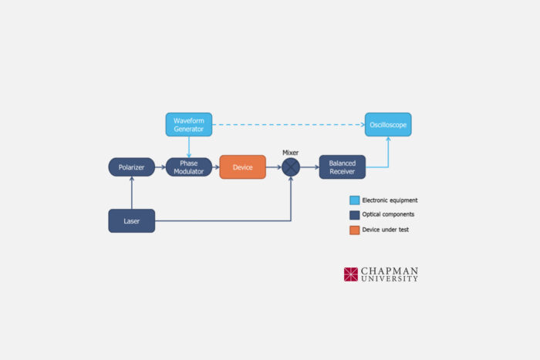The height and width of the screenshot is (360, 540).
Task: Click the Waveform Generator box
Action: (x=188, y=124)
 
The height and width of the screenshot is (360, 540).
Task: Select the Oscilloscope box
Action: (x=387, y=124)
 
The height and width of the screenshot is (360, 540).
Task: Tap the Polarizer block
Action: (x=131, y=167)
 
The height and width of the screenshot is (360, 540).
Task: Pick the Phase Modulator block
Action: (x=188, y=167)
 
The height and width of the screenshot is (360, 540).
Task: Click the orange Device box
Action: (x=242, y=167)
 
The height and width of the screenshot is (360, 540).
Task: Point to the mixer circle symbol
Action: (x=291, y=167)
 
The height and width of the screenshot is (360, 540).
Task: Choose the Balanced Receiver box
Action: (x=342, y=167)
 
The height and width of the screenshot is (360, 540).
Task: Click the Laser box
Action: (x=131, y=221)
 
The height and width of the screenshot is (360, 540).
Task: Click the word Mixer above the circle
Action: (x=291, y=153)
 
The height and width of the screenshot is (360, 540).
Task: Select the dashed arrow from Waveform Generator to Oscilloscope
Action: (x=285, y=124)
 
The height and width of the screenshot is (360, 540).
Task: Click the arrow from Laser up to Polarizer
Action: (x=132, y=193)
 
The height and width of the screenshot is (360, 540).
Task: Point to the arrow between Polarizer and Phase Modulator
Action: (x=160, y=167)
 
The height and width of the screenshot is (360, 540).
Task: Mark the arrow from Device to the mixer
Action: (x=273, y=167)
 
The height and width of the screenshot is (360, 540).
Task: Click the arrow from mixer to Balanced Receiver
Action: (x=309, y=167)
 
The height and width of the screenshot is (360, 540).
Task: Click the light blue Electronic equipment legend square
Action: (x=354, y=200)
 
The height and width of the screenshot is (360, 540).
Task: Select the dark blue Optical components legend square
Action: (x=354, y=215)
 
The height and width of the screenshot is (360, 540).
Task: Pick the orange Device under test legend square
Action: (x=354, y=230)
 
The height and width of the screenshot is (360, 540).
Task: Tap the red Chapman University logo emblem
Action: (x=351, y=274)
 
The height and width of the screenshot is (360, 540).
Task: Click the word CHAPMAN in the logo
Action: (x=390, y=271)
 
